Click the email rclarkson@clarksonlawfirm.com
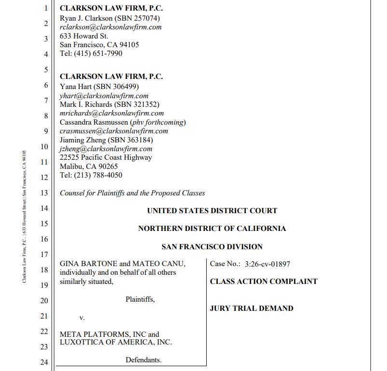point(110,27)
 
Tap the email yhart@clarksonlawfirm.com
point(104,96)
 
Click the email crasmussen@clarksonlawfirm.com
point(114,131)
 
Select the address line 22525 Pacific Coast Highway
point(106,157)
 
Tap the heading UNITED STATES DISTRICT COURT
point(212,211)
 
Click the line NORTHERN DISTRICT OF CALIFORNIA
point(212,229)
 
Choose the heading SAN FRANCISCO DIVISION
point(212,247)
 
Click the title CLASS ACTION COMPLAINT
point(264,281)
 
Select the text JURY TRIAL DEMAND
point(252,308)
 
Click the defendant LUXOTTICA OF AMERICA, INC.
point(116,343)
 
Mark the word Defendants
point(144,360)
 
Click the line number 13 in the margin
point(44,193)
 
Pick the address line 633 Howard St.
point(84,36)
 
